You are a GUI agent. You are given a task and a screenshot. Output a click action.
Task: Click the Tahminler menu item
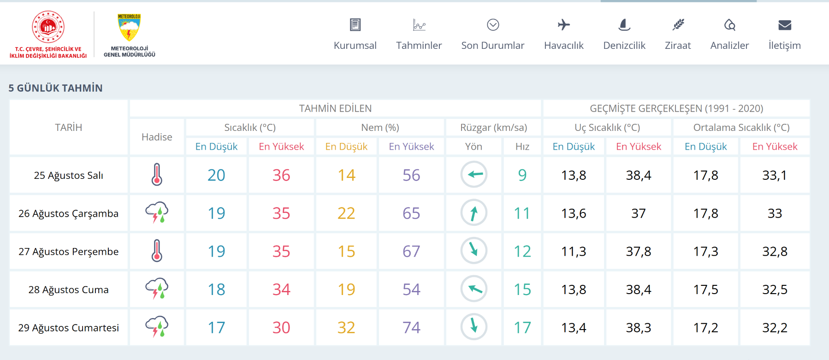coord(419,45)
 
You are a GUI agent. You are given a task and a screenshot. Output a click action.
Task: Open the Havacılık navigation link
coord(563,45)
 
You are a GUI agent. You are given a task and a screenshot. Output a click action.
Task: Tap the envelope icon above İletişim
coord(785,25)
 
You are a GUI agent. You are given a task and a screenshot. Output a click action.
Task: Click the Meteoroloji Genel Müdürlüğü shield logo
coord(129,27)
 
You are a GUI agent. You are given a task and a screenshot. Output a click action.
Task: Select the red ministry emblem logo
coord(48,27)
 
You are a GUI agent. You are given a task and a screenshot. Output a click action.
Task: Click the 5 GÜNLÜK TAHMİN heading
coord(55,88)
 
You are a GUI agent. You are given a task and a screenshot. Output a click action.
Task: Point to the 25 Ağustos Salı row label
coord(68,175)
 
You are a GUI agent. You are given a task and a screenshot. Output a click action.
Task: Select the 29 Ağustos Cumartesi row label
coord(68,328)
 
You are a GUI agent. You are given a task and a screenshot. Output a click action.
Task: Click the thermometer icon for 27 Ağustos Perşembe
coord(157,251)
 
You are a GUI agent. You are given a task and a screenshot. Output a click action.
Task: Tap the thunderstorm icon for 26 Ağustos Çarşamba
coord(157,212)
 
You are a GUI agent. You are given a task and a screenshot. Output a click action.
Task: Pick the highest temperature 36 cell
coord(281,175)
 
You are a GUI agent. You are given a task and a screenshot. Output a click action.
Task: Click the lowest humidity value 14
coord(346,175)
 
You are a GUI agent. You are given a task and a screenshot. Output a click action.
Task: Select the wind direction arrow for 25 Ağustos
coord(474,174)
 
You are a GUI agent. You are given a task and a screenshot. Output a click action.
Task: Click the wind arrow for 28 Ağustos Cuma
coord(474,289)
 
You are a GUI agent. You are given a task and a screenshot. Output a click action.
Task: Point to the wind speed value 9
coord(522,175)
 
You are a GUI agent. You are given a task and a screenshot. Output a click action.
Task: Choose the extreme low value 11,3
coord(574,251)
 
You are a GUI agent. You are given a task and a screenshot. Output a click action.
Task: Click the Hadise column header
coord(157,137)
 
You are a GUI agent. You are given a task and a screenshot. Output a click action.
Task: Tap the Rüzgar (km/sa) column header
coord(493,128)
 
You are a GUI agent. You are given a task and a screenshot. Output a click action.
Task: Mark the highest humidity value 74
coord(411,328)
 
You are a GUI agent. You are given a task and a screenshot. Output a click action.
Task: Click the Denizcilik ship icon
coord(624,25)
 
